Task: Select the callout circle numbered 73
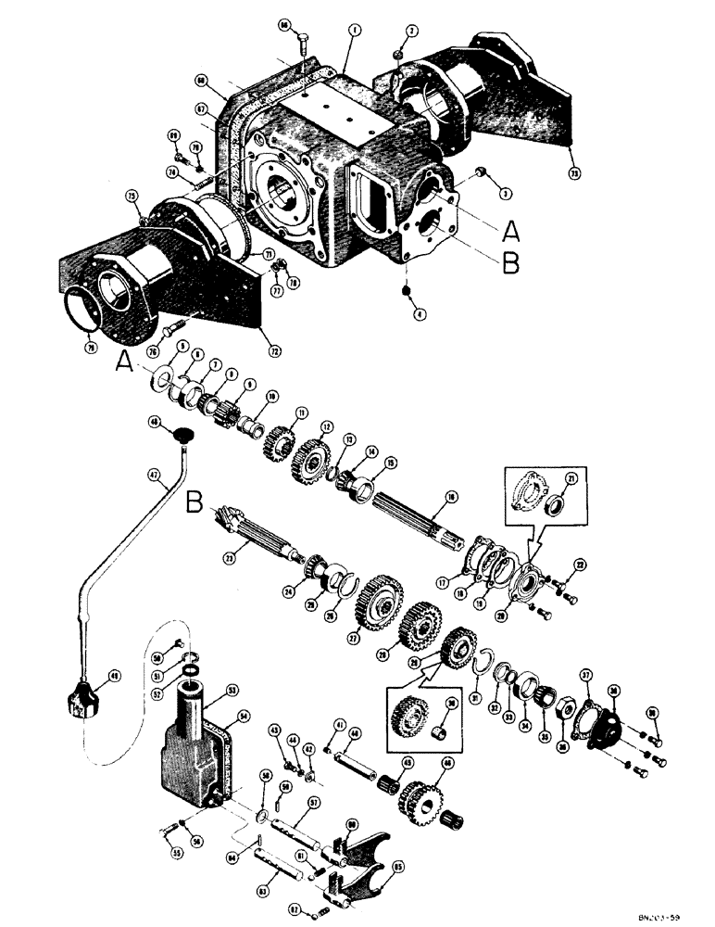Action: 574,171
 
